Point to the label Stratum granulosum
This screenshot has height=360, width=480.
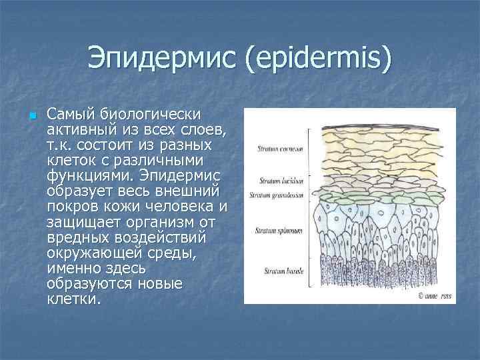click(277, 195)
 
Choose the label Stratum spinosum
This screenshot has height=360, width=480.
click(279, 230)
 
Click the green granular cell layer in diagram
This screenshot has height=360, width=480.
click(370, 196)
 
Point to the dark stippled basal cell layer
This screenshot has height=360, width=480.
click(370, 277)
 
